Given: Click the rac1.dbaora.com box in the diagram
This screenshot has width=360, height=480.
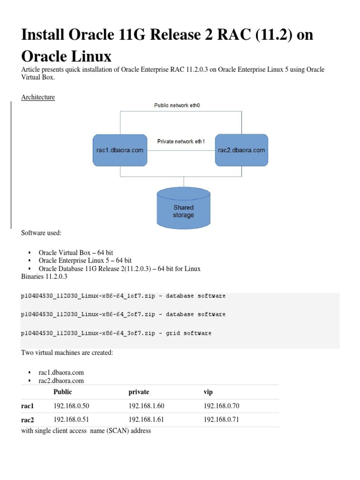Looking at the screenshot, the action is tap(119, 150).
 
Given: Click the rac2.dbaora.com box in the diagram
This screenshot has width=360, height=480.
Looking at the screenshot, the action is tap(241, 150).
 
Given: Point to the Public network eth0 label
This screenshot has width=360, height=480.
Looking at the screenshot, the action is tap(180, 105).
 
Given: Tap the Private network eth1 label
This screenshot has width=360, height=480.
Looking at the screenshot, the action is tap(181, 141).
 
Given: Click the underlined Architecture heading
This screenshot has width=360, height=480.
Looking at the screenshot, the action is tap(38, 97).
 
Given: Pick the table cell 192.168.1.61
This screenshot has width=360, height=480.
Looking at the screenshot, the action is tap(146, 420).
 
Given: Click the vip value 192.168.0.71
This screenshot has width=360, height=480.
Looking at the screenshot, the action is tap(221, 420).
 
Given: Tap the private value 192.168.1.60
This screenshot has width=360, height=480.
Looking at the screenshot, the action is tap(146, 405).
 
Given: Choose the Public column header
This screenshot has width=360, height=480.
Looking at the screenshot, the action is tap(63, 392).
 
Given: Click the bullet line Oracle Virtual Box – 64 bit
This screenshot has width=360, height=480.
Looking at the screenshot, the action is tap(76, 252).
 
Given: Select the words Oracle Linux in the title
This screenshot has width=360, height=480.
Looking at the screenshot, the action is tap(66, 56).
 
